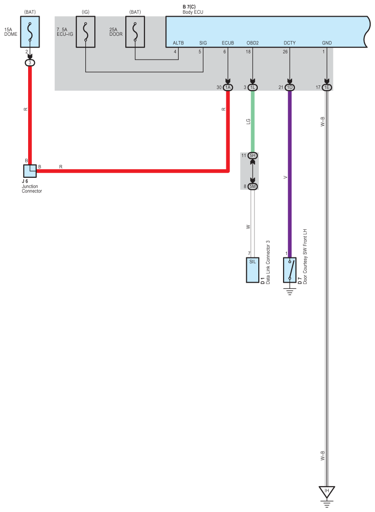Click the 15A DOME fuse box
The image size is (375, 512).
pos(30,32)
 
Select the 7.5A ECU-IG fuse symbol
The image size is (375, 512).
pos(86,32)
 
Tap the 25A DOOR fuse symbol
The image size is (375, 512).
pos(135,32)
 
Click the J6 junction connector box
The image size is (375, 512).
pos(30,171)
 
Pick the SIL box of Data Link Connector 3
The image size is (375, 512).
pos(253,270)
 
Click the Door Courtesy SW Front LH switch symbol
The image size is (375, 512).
pos(289,270)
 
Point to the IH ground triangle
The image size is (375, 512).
pos(327,491)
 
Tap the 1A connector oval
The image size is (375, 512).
pos(228,87)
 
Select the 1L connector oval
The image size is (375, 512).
pos(253,87)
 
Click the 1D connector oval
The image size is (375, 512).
pos(289,87)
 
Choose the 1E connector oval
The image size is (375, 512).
pos(327,87)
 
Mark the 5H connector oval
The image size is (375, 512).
pos(253,155)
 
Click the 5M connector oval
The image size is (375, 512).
pos(253,186)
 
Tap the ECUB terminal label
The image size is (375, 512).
pos(228,43)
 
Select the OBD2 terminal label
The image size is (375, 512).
pos(253,43)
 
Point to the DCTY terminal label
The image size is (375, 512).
pos(289,43)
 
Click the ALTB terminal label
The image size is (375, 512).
pos(178,43)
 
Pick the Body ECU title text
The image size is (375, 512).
pos(193,11)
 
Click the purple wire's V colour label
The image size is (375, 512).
pos(285,177)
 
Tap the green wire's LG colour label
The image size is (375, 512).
pos(248,122)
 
